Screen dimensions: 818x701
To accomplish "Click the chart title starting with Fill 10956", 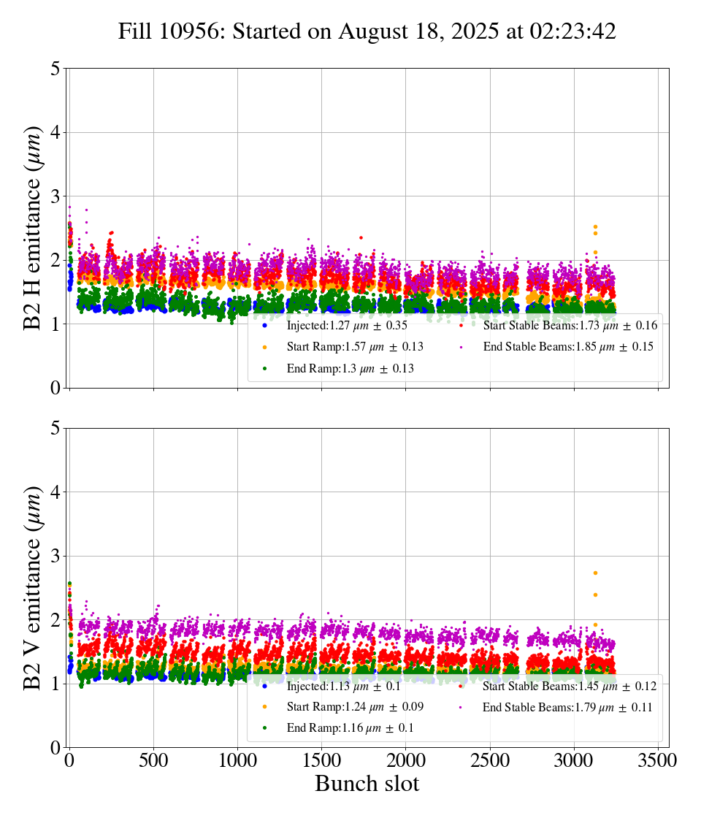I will click(x=367, y=31).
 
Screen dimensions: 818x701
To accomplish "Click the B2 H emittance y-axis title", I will click(x=33, y=227).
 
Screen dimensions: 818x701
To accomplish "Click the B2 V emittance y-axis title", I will click(x=33, y=587).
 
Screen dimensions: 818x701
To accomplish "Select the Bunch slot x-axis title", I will click(x=367, y=784).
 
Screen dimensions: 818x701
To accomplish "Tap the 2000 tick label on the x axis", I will click(x=406, y=760).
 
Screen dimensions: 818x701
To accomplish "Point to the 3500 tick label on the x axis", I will click(x=658, y=760).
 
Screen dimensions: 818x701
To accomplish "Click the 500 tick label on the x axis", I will click(x=153, y=760).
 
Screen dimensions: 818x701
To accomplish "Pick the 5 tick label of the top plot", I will click(x=55, y=69).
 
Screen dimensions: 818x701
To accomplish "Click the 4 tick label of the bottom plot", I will click(x=55, y=492).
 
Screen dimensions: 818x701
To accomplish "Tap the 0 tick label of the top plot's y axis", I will click(x=55, y=388).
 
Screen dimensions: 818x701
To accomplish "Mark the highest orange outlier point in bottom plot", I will click(x=595, y=573).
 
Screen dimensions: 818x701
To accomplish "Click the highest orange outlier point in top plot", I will click(x=595, y=226).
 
